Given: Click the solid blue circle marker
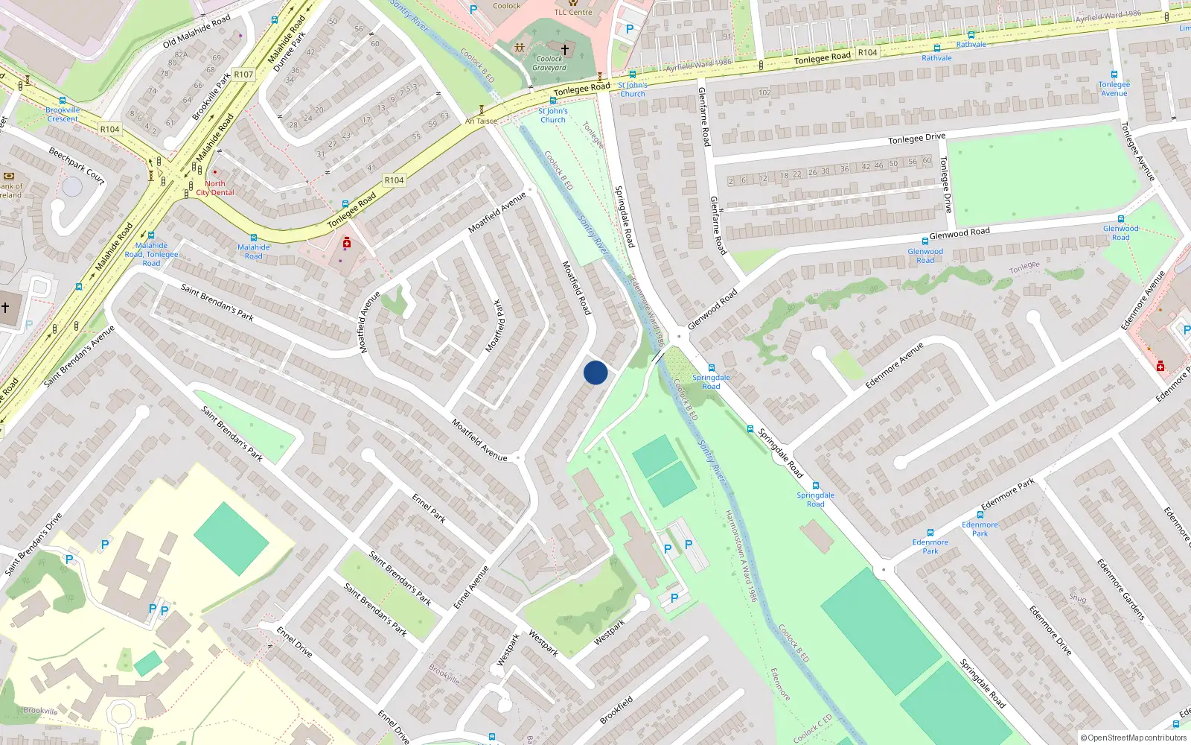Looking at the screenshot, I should click(x=595, y=372).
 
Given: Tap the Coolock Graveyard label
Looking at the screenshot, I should click(x=549, y=63).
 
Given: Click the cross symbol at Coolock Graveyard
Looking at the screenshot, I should click(x=565, y=50).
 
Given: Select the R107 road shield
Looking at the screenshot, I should click(x=243, y=74).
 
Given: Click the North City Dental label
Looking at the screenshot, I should click(x=215, y=188).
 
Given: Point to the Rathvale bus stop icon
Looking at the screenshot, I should click(x=936, y=48).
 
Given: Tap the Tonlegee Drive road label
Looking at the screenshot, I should click(x=916, y=139).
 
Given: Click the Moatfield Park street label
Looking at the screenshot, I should click(x=495, y=326).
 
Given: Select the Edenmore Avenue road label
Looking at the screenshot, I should click(x=894, y=366).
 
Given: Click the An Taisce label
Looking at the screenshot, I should click(x=481, y=121).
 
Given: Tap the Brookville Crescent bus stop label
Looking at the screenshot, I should click(x=63, y=114).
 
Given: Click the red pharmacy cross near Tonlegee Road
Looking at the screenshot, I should click(x=347, y=244).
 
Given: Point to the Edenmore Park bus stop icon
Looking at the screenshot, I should click(x=930, y=533).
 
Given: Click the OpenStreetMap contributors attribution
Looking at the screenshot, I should click(x=1134, y=738).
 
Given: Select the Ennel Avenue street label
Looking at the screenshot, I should click(x=472, y=588).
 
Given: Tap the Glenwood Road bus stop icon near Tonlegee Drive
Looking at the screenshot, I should click(x=925, y=241).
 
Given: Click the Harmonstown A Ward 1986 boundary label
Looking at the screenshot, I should click(x=740, y=556).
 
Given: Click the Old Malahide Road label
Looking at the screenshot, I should click(x=197, y=32).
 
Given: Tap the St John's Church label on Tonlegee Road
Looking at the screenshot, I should click(x=552, y=115).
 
